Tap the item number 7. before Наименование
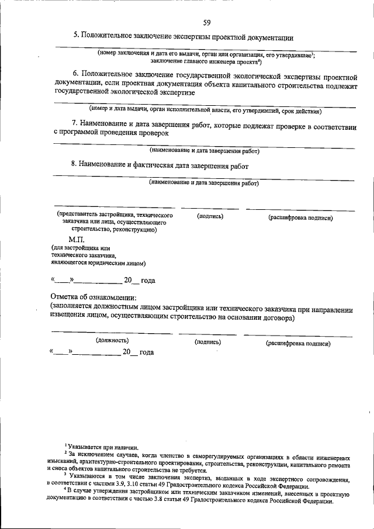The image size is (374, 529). [x=75, y=124]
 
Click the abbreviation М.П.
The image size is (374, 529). [x=77, y=240]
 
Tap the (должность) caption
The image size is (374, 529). [x=112, y=340]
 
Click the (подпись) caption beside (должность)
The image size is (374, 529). [x=207, y=341]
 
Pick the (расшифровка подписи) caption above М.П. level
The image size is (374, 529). [x=300, y=217]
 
